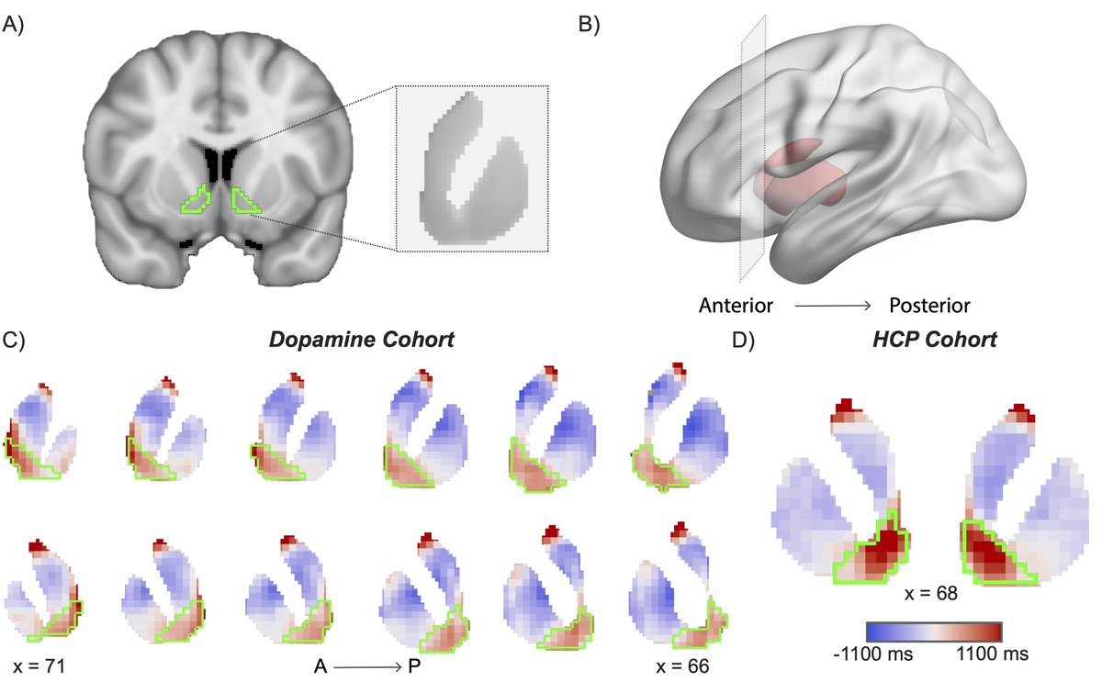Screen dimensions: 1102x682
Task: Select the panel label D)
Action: click(x=741, y=340)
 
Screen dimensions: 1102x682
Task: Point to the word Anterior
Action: click(x=736, y=304)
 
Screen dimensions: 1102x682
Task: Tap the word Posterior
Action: click(x=930, y=304)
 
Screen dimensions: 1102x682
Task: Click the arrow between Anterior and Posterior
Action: click(x=831, y=304)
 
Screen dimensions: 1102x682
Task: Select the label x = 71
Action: click(x=39, y=663)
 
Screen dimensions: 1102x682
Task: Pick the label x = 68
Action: click(x=933, y=594)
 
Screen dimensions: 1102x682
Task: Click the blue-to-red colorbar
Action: click(x=932, y=632)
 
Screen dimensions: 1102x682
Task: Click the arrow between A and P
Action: click(x=365, y=663)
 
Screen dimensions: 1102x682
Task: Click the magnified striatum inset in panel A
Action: click(x=471, y=168)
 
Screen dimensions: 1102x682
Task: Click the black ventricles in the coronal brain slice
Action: click(x=219, y=163)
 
